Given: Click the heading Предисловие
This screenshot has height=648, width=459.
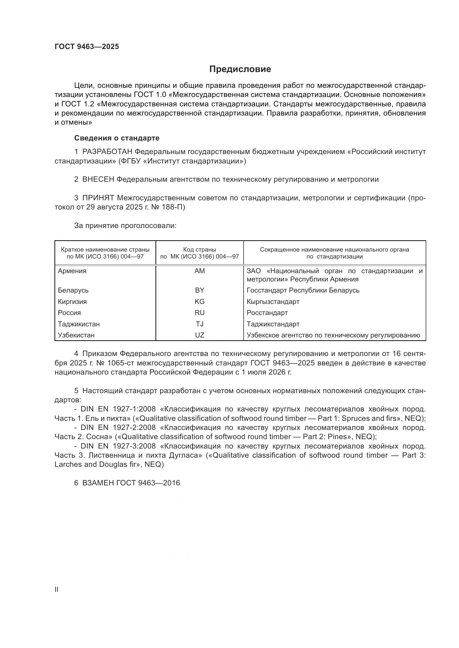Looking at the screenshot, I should click(x=240, y=69).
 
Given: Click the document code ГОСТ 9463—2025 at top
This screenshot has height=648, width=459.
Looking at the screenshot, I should click(x=87, y=47).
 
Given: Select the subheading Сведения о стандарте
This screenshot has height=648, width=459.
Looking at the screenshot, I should click(x=117, y=138).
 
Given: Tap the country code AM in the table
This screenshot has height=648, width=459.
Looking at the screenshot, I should click(x=200, y=271).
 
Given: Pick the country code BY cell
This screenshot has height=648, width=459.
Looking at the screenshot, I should click(x=200, y=290).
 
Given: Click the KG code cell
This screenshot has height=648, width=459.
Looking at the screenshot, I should click(x=200, y=302).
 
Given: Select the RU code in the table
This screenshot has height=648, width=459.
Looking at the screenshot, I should click(x=200, y=313).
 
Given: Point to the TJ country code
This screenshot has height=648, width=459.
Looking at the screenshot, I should click(x=200, y=324).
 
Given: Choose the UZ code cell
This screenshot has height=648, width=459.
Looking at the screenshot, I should click(x=200, y=335).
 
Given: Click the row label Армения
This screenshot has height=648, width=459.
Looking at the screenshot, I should click(x=72, y=271).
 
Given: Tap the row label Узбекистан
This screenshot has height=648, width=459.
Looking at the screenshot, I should click(x=76, y=335).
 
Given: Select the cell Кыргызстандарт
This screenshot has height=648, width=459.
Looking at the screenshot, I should click(x=273, y=302).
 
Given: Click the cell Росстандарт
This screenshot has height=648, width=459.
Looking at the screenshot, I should click(x=267, y=313).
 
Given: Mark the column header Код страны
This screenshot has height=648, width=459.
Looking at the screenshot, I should click(x=200, y=250).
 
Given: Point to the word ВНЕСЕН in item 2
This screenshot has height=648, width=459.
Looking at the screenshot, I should click(x=98, y=180).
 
